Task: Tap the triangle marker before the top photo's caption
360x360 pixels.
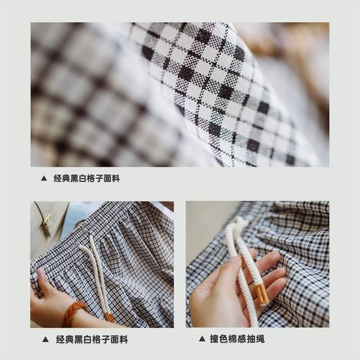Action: tap(44, 178)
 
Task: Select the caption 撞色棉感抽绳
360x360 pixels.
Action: tap(237, 339)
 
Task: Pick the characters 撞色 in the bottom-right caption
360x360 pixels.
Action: tap(217, 339)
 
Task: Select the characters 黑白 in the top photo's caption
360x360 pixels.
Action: tap(82, 178)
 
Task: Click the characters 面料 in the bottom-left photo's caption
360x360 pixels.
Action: tap(120, 339)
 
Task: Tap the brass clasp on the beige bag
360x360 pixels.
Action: tap(46, 222)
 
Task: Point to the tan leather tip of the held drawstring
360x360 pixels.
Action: tap(263, 295)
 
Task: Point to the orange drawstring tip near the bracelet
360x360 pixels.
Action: tap(109, 318)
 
